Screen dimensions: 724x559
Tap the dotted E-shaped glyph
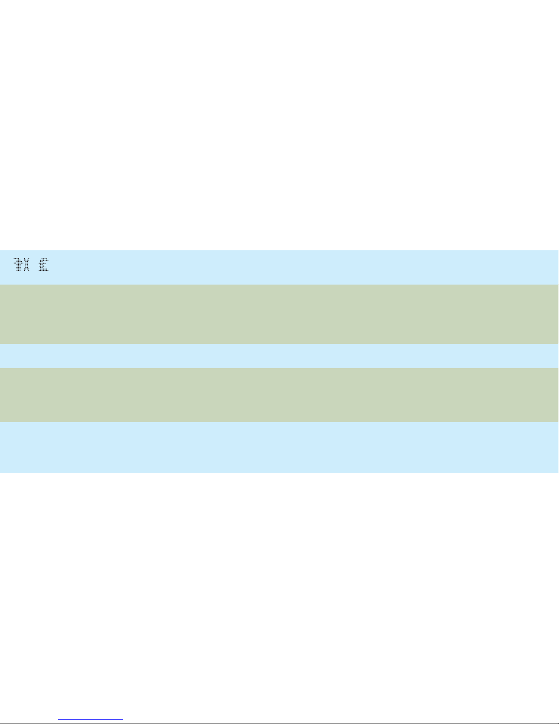pyautogui.click(x=43, y=265)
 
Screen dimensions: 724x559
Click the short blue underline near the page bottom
pyautogui.click(x=90, y=720)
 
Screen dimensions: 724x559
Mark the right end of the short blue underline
pyautogui.click(x=122, y=720)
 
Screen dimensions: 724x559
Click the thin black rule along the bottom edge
pyautogui.click(x=319, y=723)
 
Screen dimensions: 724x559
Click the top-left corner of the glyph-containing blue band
pyautogui.click(x=0, y=251)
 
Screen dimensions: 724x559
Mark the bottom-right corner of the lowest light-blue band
pyautogui.click(x=557, y=472)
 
